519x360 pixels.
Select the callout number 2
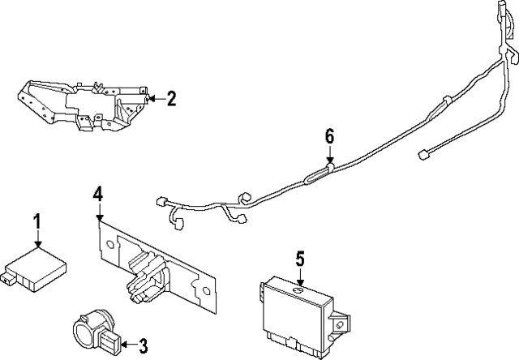[171, 99]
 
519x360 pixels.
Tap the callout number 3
[144, 344]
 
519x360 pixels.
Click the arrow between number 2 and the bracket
[154, 99]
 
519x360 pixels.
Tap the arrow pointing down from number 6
[330, 156]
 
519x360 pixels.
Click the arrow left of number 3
[125, 344]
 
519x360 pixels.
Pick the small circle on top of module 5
[298, 289]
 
